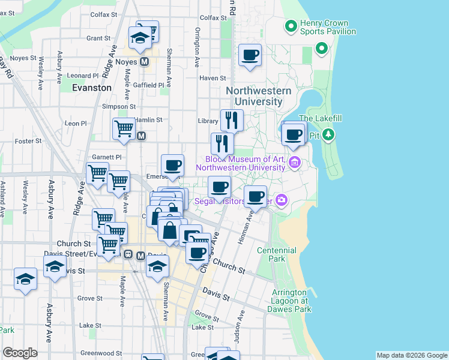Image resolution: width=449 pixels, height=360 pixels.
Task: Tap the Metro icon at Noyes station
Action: point(144,62)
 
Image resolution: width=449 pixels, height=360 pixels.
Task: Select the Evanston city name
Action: point(91,88)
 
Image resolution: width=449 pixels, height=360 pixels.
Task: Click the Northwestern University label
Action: point(259,96)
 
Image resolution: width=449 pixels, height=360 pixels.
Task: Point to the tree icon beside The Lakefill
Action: point(328,135)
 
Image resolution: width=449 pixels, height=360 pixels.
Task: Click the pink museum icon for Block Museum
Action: point(294,163)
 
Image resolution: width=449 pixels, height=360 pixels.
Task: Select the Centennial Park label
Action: point(276,254)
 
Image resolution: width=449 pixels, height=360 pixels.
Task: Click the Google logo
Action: point(20,353)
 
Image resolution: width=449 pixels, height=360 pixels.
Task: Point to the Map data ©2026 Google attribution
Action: point(412,355)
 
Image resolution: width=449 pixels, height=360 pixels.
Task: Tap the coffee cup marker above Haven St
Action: point(250,56)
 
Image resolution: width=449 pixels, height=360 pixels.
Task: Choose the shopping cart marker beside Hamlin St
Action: point(124,128)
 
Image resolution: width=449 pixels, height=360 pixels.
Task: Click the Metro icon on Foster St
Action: point(142,136)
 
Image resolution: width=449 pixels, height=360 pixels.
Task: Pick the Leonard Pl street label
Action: point(83,76)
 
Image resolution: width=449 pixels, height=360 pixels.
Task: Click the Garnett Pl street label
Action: point(106,157)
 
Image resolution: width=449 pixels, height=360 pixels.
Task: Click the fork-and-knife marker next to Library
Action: point(231,121)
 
